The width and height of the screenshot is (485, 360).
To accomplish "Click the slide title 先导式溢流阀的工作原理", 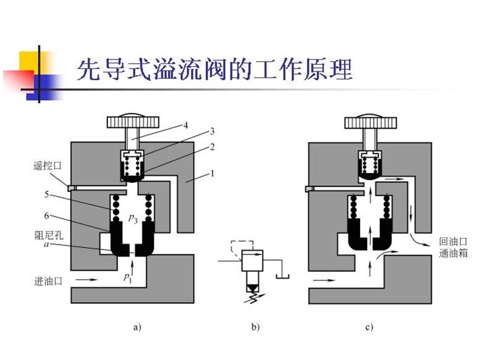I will coord(214,70).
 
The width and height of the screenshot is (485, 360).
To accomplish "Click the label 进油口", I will coord(49,281).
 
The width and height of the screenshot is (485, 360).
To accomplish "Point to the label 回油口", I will coord(452,241).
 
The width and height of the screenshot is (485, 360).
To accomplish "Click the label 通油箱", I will coord(452,253).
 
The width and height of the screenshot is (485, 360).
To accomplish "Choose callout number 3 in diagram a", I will coord(211,132).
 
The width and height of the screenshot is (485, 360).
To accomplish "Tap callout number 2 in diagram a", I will coord(211,148).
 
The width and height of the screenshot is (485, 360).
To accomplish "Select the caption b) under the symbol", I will coord(256,327).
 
